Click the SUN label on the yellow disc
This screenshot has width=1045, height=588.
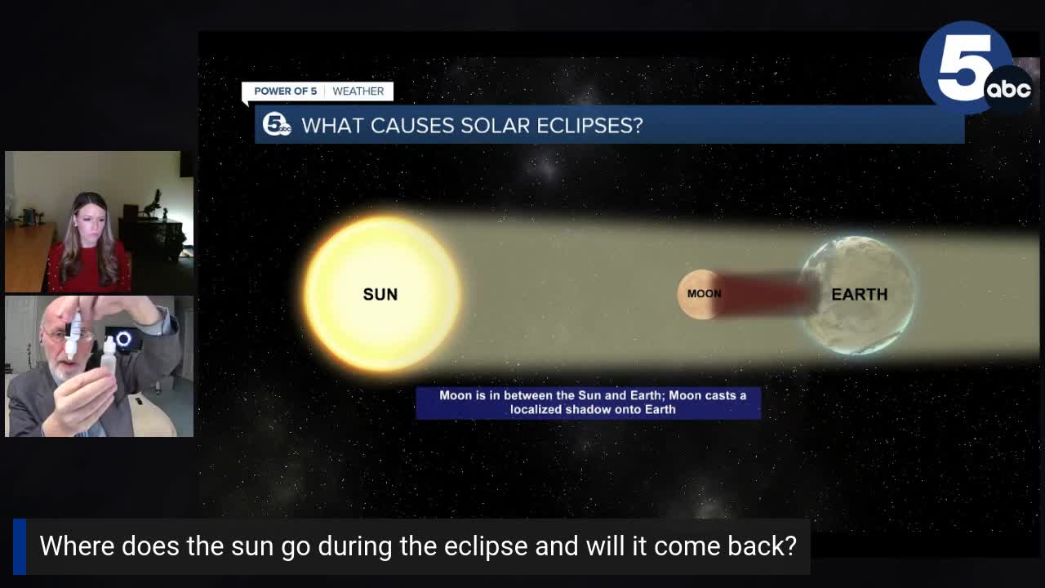pos(380,294)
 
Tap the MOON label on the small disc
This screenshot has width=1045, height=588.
pos(704,294)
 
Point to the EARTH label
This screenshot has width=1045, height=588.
pos(859,294)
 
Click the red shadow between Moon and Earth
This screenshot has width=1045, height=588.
pos(767,294)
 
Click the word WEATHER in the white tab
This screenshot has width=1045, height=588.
pos(358,91)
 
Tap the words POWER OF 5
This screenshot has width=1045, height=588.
pos(285,91)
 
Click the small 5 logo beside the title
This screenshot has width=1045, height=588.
pos(277,124)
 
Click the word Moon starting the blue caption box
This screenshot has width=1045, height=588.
pos(456,395)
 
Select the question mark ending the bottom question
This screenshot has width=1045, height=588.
pos(789,546)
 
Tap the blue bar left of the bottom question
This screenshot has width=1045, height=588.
pos(20,546)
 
